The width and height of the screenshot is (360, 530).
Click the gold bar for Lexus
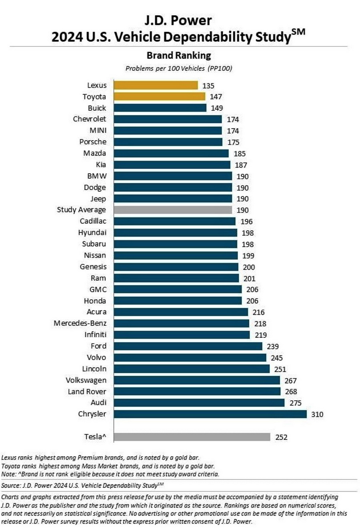pos(156,85)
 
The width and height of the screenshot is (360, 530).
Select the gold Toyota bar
pos(159,96)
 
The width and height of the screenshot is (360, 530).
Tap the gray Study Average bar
pos(173,210)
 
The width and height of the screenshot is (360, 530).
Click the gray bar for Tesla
pos(192,437)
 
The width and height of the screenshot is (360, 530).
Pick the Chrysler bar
pos(210,414)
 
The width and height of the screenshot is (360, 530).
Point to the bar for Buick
pos(160,108)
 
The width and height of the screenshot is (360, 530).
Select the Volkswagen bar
pos(197,380)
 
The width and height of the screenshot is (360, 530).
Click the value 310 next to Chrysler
pos(317,414)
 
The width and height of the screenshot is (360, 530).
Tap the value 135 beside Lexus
pos(208,86)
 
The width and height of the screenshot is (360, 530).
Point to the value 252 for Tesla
pos(281,437)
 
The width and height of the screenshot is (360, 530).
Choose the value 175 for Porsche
pos(233,142)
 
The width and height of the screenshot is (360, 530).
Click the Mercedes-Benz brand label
pos(80,323)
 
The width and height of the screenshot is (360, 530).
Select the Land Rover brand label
pos(87,391)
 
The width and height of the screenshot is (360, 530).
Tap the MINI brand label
pos(98,130)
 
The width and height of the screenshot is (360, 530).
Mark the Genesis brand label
pos(93,267)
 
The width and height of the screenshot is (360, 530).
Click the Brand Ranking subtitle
pos(178,55)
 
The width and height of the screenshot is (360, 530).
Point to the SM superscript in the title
pos(298,32)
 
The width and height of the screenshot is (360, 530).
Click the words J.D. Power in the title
pos(178,20)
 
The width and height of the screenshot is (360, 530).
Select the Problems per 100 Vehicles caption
pos(178,68)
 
